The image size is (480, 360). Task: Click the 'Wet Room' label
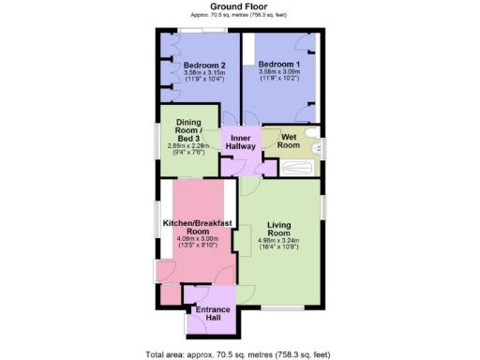click(x=289, y=141)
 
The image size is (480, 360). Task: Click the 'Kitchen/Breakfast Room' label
click(x=197, y=227)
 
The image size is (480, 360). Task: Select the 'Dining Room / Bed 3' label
click(x=189, y=130)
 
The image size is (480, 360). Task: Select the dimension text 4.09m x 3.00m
click(x=197, y=241)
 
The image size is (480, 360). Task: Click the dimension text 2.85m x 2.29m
click(x=189, y=146)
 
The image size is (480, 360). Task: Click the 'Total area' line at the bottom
click(x=239, y=353)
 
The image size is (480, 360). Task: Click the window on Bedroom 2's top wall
click(x=205, y=31)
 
